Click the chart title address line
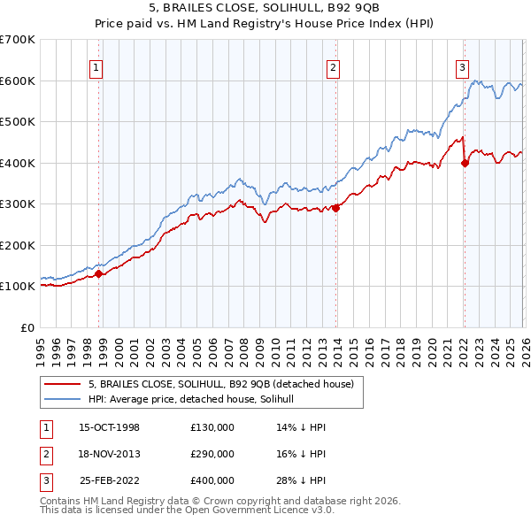(x=265, y=8)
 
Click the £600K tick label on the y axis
(x=18, y=81)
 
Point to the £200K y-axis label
(x=18, y=245)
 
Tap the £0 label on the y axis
(x=28, y=327)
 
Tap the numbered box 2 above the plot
(x=333, y=65)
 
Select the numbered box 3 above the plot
(x=462, y=65)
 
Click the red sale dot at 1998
(x=99, y=273)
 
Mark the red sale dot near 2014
(x=335, y=209)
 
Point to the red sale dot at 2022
(x=465, y=163)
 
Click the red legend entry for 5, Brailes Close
(x=220, y=385)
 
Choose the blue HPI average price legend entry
(x=196, y=400)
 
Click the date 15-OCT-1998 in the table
(x=109, y=427)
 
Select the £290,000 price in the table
(x=212, y=454)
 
